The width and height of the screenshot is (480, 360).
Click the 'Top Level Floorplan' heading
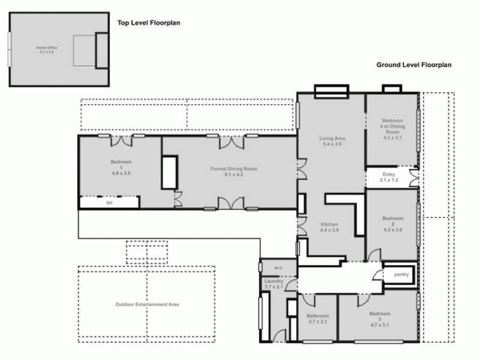[x=148, y=22]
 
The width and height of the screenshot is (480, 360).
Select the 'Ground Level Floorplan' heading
[x=414, y=65]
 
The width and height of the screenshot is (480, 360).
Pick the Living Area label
[x=332, y=138]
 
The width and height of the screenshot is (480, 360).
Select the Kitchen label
[x=330, y=224]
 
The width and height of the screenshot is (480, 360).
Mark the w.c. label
[x=269, y=267]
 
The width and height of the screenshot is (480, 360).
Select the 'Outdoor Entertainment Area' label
[x=147, y=304]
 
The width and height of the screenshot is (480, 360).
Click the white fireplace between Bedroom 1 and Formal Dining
[x=169, y=172]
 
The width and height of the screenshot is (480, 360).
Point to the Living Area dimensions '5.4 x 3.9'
[x=332, y=145]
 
